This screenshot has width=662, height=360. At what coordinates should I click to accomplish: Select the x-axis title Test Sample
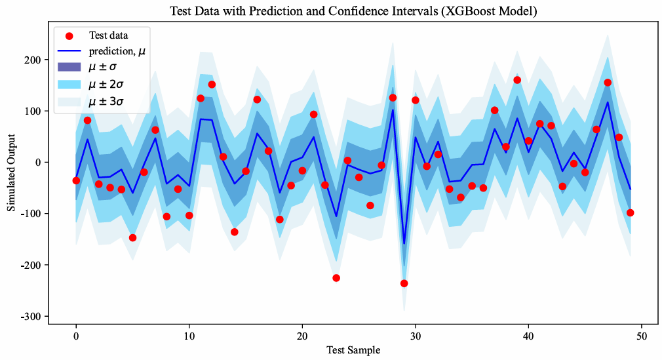353,350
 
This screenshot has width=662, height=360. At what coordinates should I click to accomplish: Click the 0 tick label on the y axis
40,162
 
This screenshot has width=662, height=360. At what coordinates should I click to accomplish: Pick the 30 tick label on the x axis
415,335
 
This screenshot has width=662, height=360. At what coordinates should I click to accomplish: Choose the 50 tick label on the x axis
641,335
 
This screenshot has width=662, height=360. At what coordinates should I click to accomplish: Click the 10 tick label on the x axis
189,335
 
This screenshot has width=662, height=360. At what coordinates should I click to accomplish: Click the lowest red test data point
404,283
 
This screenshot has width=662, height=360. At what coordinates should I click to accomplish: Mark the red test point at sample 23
336,278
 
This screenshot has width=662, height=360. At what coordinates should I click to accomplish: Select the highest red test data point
517,80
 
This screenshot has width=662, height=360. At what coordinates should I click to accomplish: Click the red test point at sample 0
76,180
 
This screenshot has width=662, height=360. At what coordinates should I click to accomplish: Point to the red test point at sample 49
630,212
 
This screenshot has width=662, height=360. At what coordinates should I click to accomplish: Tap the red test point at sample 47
608,83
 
